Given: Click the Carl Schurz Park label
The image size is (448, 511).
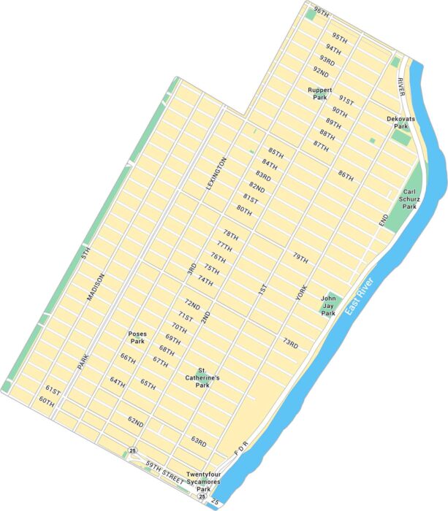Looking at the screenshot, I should (409, 197).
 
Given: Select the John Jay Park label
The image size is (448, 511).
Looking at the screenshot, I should (329, 304).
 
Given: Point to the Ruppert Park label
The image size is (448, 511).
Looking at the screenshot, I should (319, 93).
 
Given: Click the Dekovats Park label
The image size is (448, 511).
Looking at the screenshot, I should (400, 121).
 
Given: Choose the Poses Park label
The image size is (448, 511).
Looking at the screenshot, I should (137, 337).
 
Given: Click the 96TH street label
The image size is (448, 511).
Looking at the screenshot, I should (321, 12).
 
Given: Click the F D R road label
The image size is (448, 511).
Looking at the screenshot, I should (242, 445).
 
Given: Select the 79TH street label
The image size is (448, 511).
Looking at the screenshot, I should (300, 258).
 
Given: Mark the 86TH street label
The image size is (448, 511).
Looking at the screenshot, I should (346, 175).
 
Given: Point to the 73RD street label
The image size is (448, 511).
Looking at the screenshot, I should (291, 342).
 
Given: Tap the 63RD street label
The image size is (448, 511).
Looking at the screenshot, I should (199, 441).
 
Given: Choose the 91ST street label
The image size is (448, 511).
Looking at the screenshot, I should (345, 100).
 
